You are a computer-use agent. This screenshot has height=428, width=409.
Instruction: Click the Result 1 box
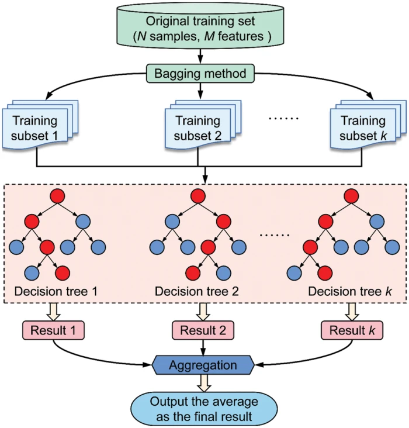(53, 331)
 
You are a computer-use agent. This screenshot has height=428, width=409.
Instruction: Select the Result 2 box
(202, 331)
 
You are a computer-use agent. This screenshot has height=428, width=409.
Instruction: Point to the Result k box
(352, 331)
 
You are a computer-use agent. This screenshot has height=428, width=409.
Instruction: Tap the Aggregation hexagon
(203, 365)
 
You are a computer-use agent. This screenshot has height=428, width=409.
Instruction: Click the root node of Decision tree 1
(56, 196)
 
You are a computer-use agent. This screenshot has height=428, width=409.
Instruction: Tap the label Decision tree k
(350, 291)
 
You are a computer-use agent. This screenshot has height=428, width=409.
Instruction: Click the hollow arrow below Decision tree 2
(202, 310)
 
